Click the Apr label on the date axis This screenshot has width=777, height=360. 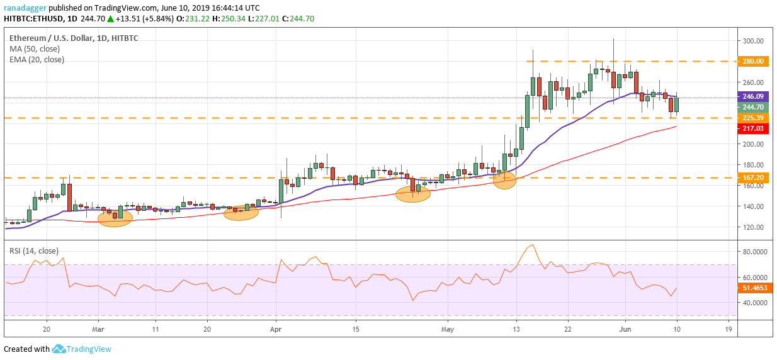click(275, 329)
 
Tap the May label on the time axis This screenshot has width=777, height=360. click(447, 329)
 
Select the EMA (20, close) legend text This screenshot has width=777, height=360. click(37, 60)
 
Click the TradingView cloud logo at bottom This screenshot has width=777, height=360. click(59, 349)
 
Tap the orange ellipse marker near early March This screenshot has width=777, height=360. click(114, 218)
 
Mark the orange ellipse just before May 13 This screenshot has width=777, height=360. click(505, 181)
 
